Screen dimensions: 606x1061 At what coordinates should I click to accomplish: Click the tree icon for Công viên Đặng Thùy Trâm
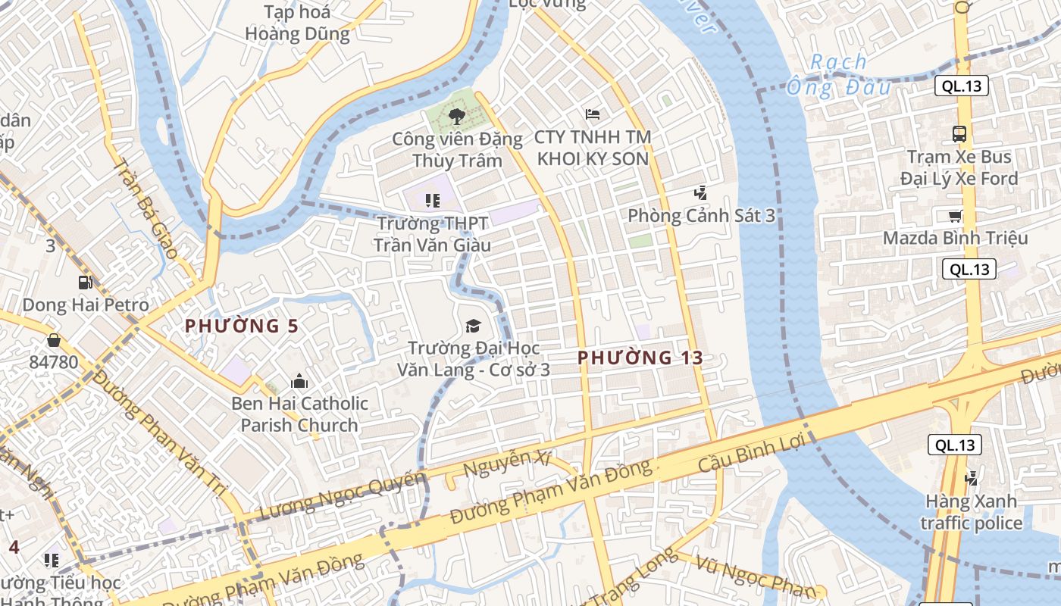click(456, 116)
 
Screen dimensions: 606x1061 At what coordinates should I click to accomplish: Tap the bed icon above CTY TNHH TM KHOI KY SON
click(593, 114)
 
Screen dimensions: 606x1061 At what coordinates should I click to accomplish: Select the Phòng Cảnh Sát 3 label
click(701, 216)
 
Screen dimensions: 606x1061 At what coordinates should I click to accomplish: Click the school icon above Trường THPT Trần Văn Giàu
click(432, 201)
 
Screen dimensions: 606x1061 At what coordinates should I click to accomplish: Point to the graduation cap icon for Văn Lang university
click(473, 326)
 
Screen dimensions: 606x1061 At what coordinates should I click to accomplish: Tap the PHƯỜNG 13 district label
click(640, 358)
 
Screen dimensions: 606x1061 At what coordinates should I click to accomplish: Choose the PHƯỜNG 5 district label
click(242, 326)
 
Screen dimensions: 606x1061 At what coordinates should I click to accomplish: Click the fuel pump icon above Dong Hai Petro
click(85, 283)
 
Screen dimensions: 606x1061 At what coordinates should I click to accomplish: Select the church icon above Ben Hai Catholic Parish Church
click(299, 380)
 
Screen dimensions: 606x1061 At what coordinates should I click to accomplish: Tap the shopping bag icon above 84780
click(53, 340)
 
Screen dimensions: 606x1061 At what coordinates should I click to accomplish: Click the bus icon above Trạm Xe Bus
click(959, 134)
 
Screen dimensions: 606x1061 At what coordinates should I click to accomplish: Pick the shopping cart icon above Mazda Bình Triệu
click(956, 216)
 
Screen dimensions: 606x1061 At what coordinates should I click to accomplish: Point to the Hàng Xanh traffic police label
click(971, 512)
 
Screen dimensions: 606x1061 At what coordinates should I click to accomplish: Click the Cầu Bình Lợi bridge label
click(750, 454)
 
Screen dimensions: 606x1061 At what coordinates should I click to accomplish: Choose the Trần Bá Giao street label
click(146, 209)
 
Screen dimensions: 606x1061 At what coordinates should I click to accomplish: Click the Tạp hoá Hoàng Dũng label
click(297, 23)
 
